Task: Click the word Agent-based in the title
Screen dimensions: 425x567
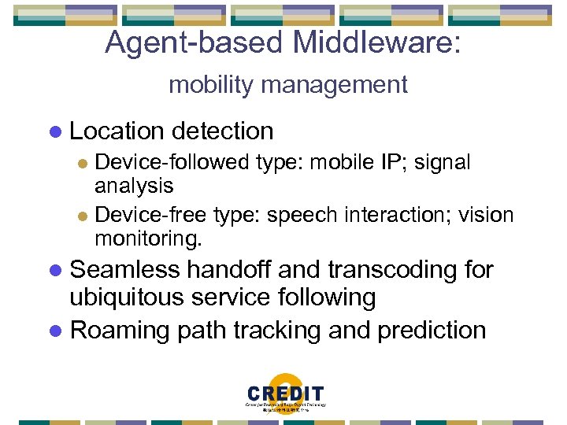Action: pyautogui.click(x=194, y=43)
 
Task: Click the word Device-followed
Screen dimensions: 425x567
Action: pyautogui.click(x=172, y=163)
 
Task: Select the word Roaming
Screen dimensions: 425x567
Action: pyautogui.click(x=120, y=330)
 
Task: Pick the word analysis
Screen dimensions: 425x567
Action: pyautogui.click(x=134, y=186)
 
